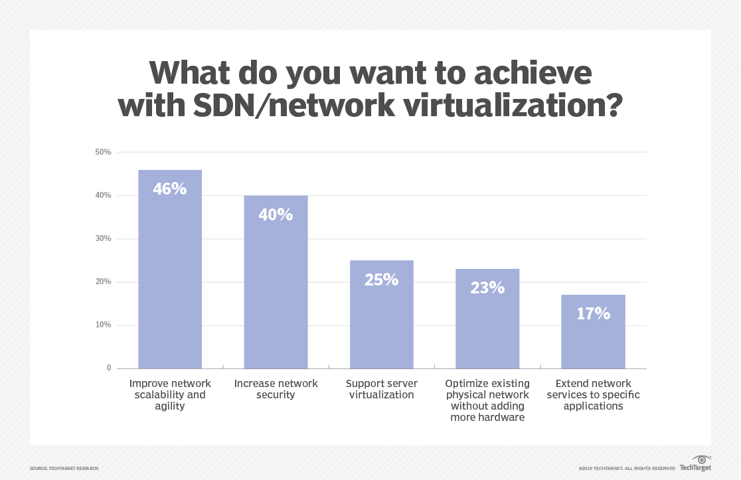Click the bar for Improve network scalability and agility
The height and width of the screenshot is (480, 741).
pos(170,279)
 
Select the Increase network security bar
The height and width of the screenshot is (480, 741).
pos(276,292)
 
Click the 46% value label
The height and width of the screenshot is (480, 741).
pos(170,189)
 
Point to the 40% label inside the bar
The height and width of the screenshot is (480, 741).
pos(276,214)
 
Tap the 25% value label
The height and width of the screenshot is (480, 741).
pos(381,280)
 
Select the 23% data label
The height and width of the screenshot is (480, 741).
pos(487,288)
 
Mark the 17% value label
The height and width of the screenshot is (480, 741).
pos(593,314)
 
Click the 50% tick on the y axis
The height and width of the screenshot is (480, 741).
pos(104,152)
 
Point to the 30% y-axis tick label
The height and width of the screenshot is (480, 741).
pos(104,238)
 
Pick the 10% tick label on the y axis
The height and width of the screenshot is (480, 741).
pos(104,325)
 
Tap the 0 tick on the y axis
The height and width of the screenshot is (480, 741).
pos(109,368)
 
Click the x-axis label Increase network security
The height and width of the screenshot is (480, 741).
pos(276,389)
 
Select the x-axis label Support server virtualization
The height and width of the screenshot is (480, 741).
pos(381,389)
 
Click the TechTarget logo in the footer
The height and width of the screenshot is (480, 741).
pos(695,463)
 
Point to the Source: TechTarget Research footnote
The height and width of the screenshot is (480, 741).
pos(64,469)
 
